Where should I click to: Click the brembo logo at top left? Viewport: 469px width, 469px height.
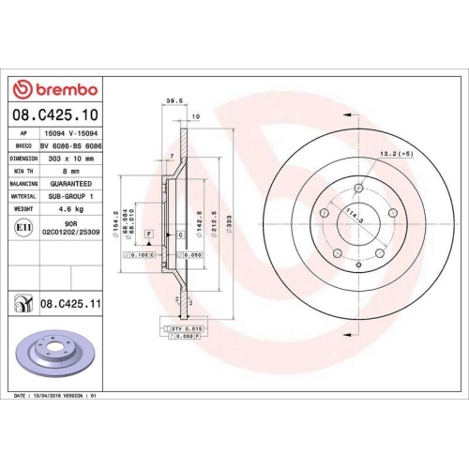coord(53,88)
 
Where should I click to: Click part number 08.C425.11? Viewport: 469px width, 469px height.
coord(71,303)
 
